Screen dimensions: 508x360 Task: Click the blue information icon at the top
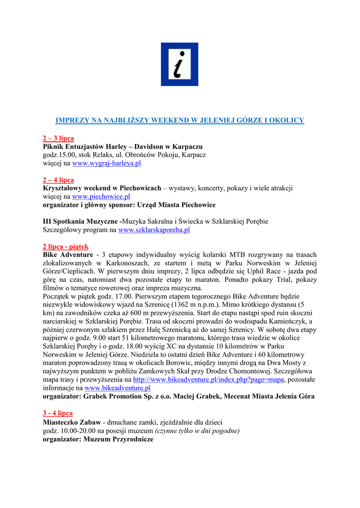[x=179, y=64]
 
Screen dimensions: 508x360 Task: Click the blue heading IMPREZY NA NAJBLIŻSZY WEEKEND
[x=179, y=121]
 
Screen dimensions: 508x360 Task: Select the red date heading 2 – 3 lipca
[x=58, y=138]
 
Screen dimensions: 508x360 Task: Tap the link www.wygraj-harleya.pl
[x=106, y=163]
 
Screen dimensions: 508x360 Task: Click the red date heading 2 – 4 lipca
[x=58, y=180]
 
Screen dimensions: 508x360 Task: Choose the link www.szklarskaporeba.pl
[x=154, y=230]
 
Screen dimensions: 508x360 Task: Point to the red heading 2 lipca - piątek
[x=66, y=247]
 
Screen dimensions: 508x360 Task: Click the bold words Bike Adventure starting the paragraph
[x=68, y=254]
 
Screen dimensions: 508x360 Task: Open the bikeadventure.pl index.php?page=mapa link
[x=209, y=380]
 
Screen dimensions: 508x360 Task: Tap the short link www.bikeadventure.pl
[x=118, y=388]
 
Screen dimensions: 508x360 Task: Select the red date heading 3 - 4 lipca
[x=58, y=413]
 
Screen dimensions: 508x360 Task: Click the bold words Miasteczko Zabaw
[x=72, y=422]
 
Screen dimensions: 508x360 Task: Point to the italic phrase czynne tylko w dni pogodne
[x=197, y=431]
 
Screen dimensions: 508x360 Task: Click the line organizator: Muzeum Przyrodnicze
[x=98, y=439]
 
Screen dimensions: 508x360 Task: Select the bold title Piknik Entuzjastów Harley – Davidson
[x=122, y=147]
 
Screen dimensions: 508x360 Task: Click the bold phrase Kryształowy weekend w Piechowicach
[x=102, y=189]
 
